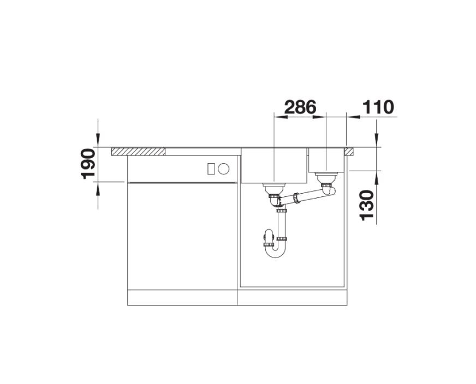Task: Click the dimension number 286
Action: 300,107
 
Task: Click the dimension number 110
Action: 378,107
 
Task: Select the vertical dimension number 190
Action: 88,164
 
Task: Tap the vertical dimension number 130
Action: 366,205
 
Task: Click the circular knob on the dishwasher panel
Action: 223,169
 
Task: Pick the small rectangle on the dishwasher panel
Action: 211,169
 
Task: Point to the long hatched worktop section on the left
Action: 139,151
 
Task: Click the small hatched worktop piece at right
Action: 348,151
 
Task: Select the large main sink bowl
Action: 274,165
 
